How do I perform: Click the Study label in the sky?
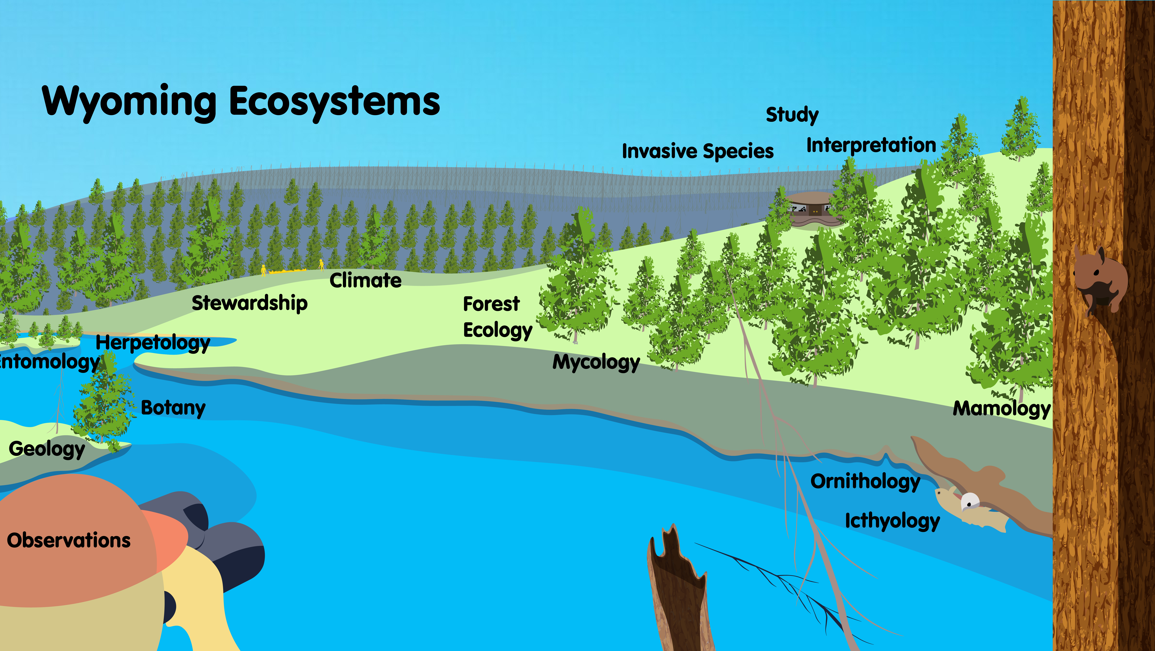[792, 115]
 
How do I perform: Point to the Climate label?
[365, 281]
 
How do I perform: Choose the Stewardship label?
[250, 303]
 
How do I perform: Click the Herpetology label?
[153, 343]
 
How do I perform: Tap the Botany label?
[173, 408]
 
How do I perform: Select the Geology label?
[47, 449]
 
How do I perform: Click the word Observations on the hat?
[69, 540]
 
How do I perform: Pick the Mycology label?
[596, 362]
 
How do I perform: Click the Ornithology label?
[865, 482]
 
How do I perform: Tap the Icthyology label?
[892, 521]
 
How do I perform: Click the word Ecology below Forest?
[497, 330]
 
